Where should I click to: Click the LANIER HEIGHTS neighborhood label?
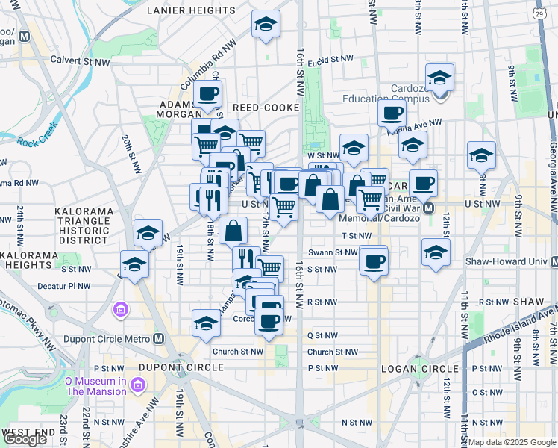[191, 10]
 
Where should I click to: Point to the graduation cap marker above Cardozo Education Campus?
[440, 78]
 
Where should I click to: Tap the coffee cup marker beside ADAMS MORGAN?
[207, 95]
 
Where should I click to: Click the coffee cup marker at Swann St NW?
[374, 261]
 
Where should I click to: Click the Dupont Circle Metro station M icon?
[158, 338]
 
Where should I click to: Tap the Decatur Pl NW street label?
[68, 285]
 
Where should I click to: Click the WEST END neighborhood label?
[28, 432]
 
